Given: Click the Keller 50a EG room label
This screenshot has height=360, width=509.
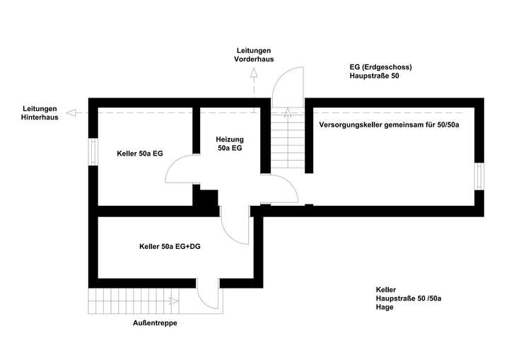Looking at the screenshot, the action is click(140, 153).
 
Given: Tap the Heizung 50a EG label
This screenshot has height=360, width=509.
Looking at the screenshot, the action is click(230, 144).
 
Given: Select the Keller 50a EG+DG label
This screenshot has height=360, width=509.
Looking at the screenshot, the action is click(170, 247).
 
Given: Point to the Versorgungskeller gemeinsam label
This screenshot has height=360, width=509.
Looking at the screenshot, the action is click(389, 125).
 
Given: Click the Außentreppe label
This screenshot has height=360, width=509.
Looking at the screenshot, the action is click(155, 323).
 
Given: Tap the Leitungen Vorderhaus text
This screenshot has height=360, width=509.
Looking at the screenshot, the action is click(254, 55).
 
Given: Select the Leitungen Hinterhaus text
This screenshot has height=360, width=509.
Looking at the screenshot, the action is click(40, 113).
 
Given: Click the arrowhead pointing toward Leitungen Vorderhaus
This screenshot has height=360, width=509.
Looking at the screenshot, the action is click(254, 72).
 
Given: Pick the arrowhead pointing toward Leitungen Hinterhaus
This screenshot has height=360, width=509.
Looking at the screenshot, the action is click(71, 113).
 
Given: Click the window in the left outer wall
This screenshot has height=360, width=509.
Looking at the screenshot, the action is click(93, 152).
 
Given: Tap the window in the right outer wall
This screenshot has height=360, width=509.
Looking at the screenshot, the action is click(479, 176).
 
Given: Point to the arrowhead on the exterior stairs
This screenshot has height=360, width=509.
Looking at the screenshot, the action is click(174, 301).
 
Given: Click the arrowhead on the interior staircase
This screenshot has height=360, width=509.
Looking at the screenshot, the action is click(288, 112).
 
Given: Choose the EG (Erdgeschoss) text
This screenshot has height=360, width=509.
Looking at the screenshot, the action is click(381, 67).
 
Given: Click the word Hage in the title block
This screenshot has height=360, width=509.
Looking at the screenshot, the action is click(385, 307).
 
